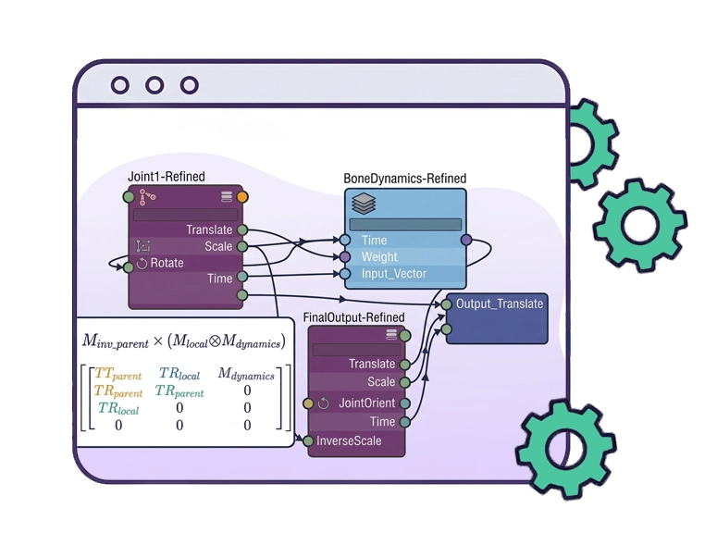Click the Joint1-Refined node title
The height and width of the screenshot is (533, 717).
pyautogui.click(x=167, y=176)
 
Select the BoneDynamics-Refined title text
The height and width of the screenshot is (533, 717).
pyautogui.click(x=404, y=178)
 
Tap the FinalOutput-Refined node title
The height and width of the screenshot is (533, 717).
pyautogui.click(x=354, y=317)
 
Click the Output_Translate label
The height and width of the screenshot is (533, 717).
pyautogui.click(x=500, y=304)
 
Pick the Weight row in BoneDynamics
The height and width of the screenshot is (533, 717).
pyautogui.click(x=379, y=256)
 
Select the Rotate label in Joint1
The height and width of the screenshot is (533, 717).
pyautogui.click(x=167, y=263)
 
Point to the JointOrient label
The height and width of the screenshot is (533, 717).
pyautogui.click(x=366, y=403)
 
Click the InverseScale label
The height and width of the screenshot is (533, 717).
pyautogui.click(x=349, y=441)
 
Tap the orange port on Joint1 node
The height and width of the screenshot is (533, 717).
pyautogui.click(x=242, y=196)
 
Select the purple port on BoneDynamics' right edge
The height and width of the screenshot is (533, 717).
pyautogui.click(x=466, y=241)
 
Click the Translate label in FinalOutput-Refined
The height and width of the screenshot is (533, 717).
pyautogui.click(x=372, y=364)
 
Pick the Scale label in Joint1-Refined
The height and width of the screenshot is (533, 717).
pyautogui.click(x=218, y=246)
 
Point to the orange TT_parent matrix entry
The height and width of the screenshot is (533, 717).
pyautogui.click(x=117, y=374)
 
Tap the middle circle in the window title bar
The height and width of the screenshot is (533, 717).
pyautogui.click(x=155, y=86)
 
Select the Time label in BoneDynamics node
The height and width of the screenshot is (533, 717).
pyautogui.click(x=375, y=241)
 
